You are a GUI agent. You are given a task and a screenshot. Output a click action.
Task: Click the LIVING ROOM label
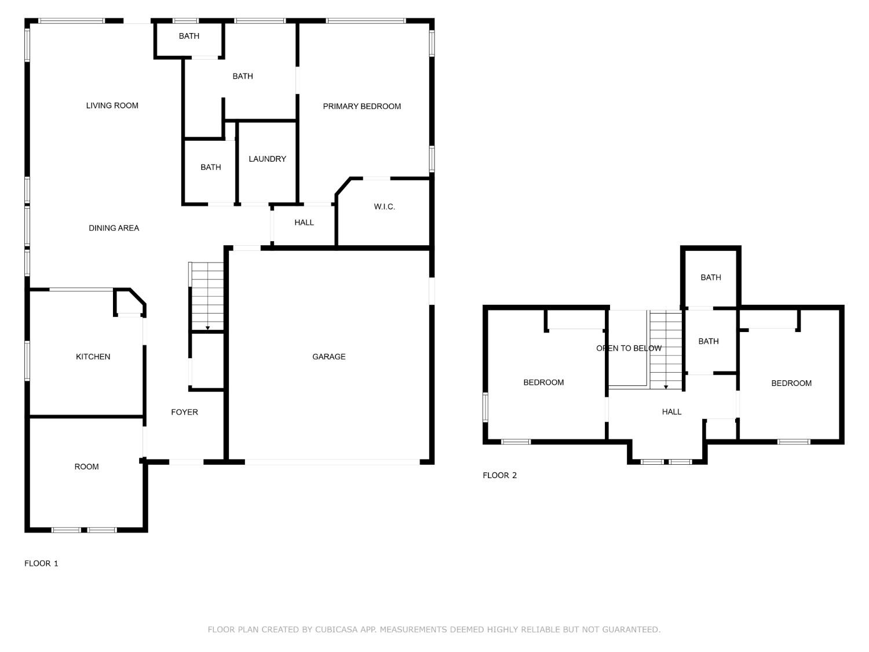tap(112, 105)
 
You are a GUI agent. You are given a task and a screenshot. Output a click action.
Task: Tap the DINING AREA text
tap(114, 228)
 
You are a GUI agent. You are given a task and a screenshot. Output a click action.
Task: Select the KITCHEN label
tap(93, 356)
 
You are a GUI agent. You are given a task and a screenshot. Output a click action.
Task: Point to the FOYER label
tap(184, 412)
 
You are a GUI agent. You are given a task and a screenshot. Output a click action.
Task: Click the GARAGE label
tap(328, 356)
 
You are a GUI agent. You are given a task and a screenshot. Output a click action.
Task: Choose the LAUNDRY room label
tap(267, 159)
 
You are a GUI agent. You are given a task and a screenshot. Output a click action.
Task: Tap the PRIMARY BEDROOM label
tap(362, 106)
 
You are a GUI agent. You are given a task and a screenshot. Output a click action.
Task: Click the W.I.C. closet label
tap(384, 206)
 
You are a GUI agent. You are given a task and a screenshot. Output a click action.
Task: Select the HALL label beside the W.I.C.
tap(304, 223)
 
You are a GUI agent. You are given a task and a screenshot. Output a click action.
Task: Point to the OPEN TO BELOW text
tap(629, 348)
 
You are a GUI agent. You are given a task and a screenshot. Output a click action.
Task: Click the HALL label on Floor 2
tap(671, 411)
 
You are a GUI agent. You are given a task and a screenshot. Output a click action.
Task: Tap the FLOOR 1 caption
tap(41, 563)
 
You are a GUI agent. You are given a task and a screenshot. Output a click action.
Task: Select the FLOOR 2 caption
tap(499, 475)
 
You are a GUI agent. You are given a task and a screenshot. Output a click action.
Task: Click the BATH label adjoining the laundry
tap(210, 167)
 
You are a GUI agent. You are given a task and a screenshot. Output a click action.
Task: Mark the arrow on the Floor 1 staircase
tap(207, 328)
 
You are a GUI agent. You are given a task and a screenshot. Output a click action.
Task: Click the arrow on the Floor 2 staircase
tap(666, 387)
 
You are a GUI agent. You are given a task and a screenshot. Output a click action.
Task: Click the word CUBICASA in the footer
tap(336, 629)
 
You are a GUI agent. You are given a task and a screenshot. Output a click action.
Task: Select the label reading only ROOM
tap(86, 467)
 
